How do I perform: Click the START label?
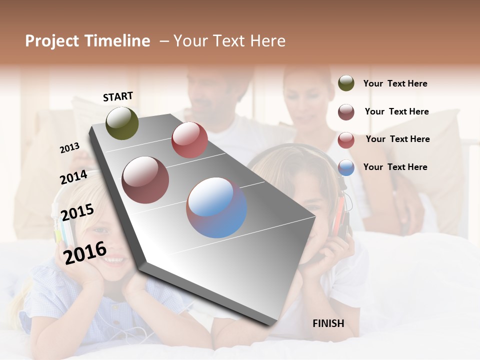[x=118, y=96]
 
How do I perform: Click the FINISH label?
[x=328, y=323]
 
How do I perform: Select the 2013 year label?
[x=69, y=147]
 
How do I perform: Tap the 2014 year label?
[x=73, y=177]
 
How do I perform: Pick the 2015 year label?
[x=77, y=212]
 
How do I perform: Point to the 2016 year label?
[x=85, y=252]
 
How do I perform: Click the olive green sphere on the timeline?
[x=122, y=123]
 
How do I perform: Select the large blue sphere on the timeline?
[x=216, y=207]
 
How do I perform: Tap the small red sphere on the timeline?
[x=189, y=140]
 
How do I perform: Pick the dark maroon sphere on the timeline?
[x=145, y=179]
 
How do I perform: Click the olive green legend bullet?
[x=346, y=83]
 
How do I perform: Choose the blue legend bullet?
[x=346, y=167]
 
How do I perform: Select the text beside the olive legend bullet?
[x=395, y=83]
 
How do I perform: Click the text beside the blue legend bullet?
[x=395, y=167]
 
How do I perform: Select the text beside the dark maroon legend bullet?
[x=396, y=111]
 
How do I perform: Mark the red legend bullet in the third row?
[x=346, y=140]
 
